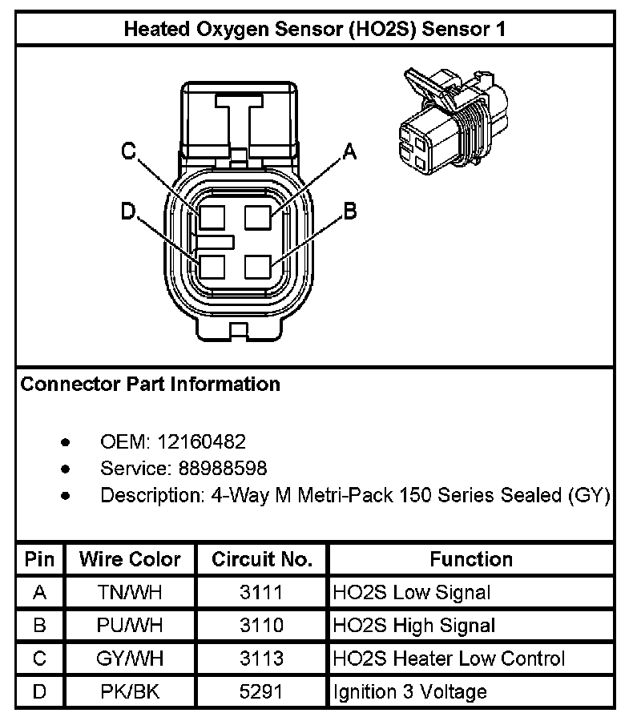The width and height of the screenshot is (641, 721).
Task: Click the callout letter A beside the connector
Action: click(x=349, y=151)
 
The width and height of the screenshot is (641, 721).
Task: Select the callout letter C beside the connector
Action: click(x=128, y=151)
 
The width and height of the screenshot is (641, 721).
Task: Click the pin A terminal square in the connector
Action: click(x=260, y=218)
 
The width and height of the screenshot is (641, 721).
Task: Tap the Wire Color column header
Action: click(x=130, y=559)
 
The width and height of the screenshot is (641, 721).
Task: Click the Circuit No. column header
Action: click(x=261, y=559)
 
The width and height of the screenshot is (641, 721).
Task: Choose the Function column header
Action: click(x=471, y=559)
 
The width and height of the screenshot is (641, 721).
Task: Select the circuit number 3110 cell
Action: click(x=261, y=626)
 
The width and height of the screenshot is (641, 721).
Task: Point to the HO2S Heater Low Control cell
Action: click(x=449, y=659)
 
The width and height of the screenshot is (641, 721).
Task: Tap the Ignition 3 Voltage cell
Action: click(x=409, y=691)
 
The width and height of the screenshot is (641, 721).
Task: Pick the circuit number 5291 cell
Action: click(x=261, y=691)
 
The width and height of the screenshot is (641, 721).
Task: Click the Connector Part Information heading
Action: click(x=151, y=385)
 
